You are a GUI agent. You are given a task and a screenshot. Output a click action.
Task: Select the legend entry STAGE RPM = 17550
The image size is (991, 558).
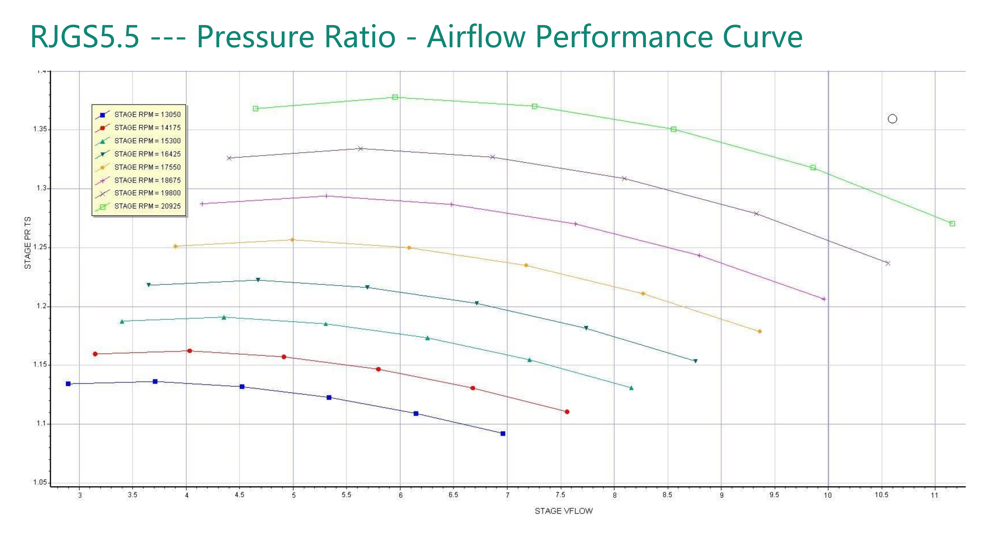click(147, 167)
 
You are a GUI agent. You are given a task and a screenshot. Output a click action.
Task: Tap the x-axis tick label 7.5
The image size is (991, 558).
click(561, 495)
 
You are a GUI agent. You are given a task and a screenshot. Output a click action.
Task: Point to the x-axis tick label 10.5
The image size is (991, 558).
click(881, 495)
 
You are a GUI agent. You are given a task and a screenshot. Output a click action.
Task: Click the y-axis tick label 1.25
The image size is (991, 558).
click(40, 247)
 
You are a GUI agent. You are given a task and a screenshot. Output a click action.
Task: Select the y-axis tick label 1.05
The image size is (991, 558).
click(40, 482)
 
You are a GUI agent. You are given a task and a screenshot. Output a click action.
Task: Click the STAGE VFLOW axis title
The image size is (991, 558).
click(564, 511)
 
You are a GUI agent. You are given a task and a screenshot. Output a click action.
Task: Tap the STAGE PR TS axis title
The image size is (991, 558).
click(28, 243)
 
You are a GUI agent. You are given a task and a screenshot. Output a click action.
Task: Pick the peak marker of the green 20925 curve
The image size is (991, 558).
click(395, 97)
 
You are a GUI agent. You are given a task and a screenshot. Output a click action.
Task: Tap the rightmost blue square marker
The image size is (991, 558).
click(503, 434)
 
